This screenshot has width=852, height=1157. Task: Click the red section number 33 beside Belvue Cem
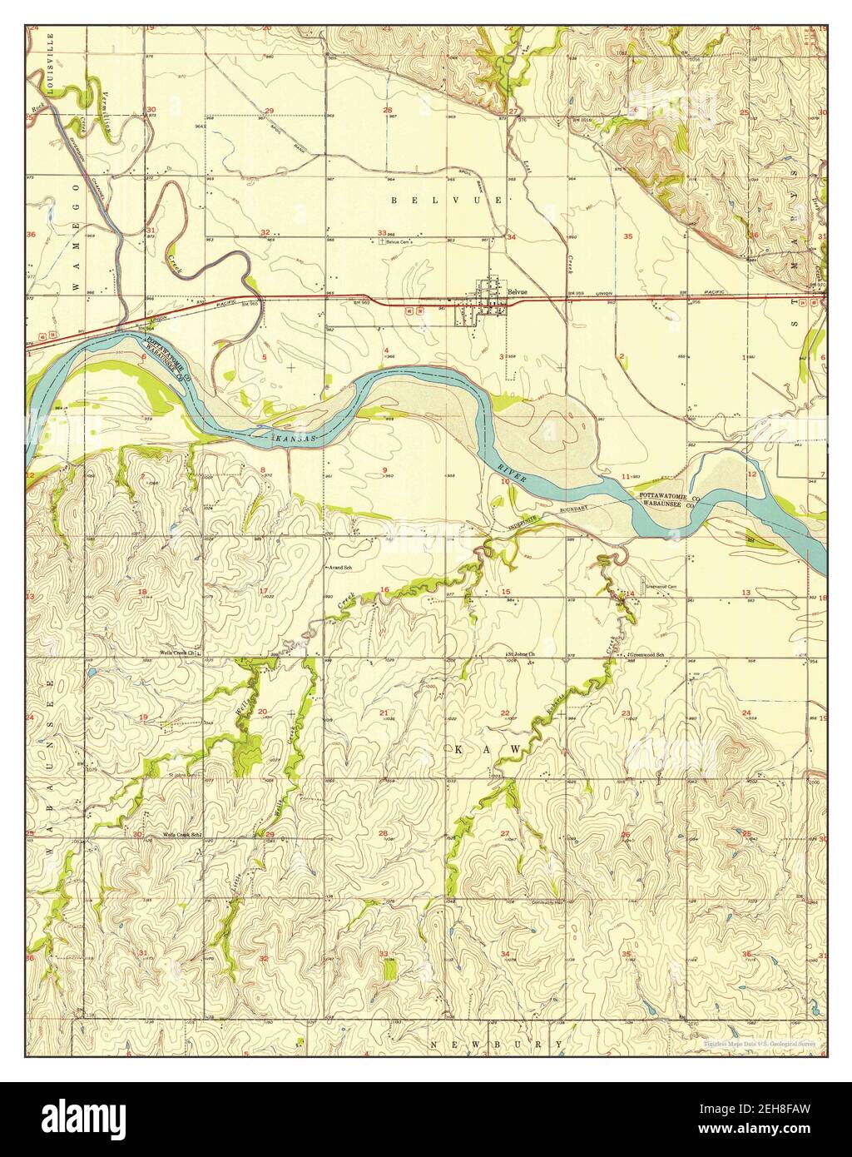click(381, 233)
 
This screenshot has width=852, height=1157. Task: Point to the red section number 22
click(505, 713)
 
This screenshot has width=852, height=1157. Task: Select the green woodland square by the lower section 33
click(389, 967)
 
